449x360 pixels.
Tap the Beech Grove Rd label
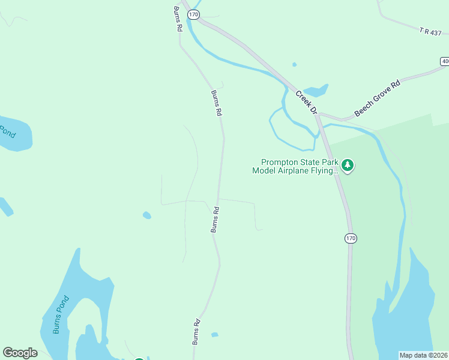click(377, 98)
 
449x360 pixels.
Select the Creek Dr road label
click(306, 101)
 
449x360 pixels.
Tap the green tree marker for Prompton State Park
click(347, 165)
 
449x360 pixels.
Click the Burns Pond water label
click(61, 314)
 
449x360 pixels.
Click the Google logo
click(20, 353)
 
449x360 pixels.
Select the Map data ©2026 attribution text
click(424, 355)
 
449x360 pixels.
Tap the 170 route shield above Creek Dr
click(193, 14)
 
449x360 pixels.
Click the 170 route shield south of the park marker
click(351, 239)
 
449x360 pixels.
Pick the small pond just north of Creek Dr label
click(316, 90)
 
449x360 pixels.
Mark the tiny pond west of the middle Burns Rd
click(147, 215)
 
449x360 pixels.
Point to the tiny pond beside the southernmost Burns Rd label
click(214, 334)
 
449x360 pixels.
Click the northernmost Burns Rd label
click(178, 19)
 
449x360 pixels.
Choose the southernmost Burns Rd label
click(196, 331)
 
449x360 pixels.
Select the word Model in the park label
click(264, 170)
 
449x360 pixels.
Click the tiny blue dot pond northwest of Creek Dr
click(294, 64)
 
